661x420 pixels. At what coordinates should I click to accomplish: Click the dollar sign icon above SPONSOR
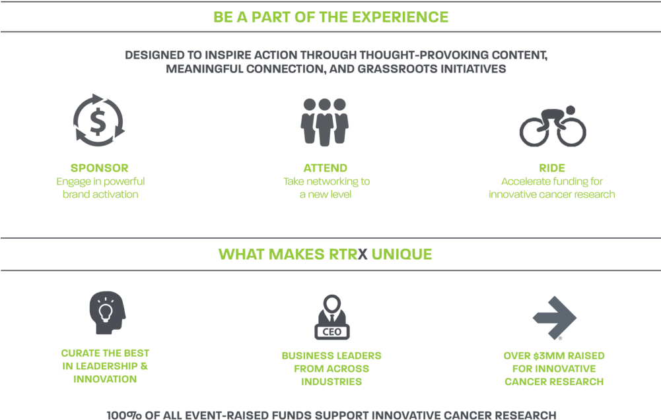click(x=98, y=121)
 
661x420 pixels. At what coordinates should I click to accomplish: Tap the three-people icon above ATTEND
click(x=325, y=122)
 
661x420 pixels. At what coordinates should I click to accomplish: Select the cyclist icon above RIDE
click(x=553, y=126)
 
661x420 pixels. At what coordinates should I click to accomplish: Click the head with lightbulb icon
click(x=108, y=313)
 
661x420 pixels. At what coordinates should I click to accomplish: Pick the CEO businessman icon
click(x=331, y=317)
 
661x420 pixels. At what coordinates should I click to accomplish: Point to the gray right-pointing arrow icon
click(x=554, y=318)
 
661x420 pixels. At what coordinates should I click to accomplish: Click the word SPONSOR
click(x=100, y=168)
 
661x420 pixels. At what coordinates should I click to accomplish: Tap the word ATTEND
click(x=326, y=168)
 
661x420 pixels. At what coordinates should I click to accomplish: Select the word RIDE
click(x=552, y=168)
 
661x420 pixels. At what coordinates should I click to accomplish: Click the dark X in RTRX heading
click(x=363, y=255)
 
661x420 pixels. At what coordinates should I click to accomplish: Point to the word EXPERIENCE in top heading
click(x=400, y=17)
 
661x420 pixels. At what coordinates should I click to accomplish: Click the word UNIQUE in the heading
click(x=401, y=255)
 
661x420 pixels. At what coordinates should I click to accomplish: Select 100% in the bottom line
click(x=124, y=415)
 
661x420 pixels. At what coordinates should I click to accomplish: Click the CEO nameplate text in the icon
click(x=331, y=332)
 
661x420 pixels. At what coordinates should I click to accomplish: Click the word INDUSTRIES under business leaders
click(x=331, y=382)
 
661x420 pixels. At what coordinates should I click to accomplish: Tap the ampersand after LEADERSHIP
click(x=144, y=366)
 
